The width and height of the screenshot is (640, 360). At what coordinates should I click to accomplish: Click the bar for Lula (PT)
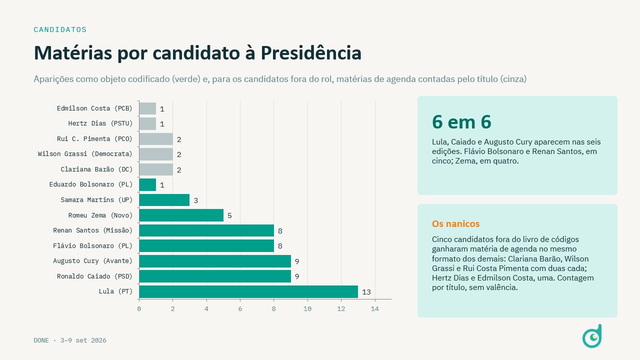click(x=248, y=291)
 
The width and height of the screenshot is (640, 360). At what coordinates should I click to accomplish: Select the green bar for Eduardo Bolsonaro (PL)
click(x=147, y=185)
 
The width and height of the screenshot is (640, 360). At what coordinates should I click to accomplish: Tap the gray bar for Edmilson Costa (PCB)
click(x=147, y=108)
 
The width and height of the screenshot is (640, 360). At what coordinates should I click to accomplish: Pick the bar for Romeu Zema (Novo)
click(x=181, y=215)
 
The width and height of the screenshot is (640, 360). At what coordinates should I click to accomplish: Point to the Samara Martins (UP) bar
click(x=164, y=200)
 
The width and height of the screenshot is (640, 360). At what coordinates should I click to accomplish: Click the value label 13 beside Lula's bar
click(x=366, y=292)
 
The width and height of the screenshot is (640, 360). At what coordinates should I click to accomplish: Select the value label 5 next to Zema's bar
click(x=229, y=215)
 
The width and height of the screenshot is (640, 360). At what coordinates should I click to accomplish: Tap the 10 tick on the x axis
click(x=307, y=309)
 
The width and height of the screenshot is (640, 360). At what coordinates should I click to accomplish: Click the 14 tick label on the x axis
click(x=375, y=309)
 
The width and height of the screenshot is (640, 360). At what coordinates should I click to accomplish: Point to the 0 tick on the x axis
click(x=139, y=309)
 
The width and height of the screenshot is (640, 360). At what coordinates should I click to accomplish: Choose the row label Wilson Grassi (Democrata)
click(x=85, y=154)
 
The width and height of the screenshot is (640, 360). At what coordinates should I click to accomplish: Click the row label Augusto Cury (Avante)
click(x=93, y=261)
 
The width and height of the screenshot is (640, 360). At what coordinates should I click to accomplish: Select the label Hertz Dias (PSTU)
click(x=100, y=123)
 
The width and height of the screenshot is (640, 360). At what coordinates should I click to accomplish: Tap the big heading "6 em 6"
click(x=461, y=122)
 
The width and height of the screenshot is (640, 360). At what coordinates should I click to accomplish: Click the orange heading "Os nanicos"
click(x=455, y=223)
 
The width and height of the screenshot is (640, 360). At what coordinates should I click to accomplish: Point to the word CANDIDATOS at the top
click(x=60, y=29)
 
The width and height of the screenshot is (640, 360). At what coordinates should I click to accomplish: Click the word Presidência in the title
click(x=311, y=53)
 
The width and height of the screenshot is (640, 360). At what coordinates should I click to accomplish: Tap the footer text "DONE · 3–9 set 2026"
click(x=70, y=340)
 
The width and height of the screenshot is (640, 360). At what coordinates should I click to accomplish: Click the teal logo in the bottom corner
click(x=592, y=336)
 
